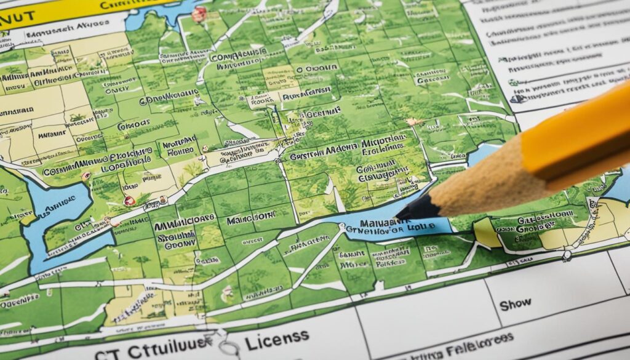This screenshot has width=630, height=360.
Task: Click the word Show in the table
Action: pyautogui.click(x=514, y=305)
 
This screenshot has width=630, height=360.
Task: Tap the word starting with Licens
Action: pyautogui.click(x=277, y=336)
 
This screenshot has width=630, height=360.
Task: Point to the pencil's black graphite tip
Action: pyautogui.click(x=411, y=210)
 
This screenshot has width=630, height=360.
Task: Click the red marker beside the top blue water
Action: pyautogui.click(x=199, y=14)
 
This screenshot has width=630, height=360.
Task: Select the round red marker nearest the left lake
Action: pyautogui.click(x=129, y=201)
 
